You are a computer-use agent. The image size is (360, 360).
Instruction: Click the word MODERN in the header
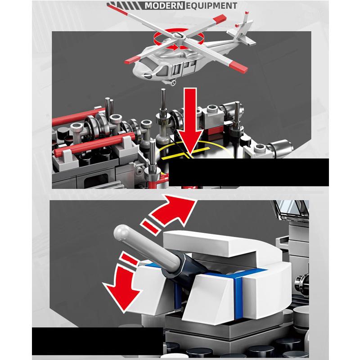pyautogui.click(x=164, y=5)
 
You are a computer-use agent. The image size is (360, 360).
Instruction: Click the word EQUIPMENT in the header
pyautogui.click(x=211, y=5)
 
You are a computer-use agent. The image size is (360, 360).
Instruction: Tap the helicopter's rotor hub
pyautogui.click(x=178, y=36)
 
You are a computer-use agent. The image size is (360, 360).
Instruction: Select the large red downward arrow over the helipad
pyautogui.click(x=190, y=121)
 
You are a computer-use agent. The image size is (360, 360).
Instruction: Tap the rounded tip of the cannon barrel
pyautogui.click(x=121, y=231)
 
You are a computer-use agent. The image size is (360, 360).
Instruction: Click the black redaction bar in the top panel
pyautogui.click(x=249, y=172)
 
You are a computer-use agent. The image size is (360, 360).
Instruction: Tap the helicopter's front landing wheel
pyautogui.click(x=173, y=82)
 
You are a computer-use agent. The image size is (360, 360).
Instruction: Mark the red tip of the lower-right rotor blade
pyautogui.click(x=239, y=67)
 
